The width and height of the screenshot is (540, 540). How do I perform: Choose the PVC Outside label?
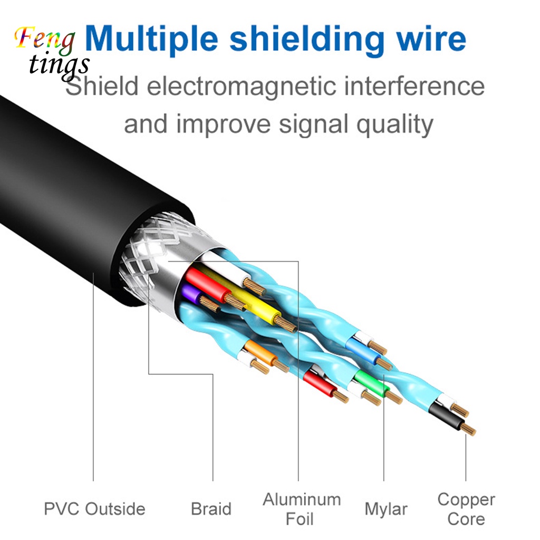point(94,509)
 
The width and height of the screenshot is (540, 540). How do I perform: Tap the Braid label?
point(211,509)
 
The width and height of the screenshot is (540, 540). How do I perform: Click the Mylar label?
point(385,509)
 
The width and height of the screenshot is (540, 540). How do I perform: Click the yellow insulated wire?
point(253,306)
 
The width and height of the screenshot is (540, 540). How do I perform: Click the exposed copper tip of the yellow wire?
point(286,325)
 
